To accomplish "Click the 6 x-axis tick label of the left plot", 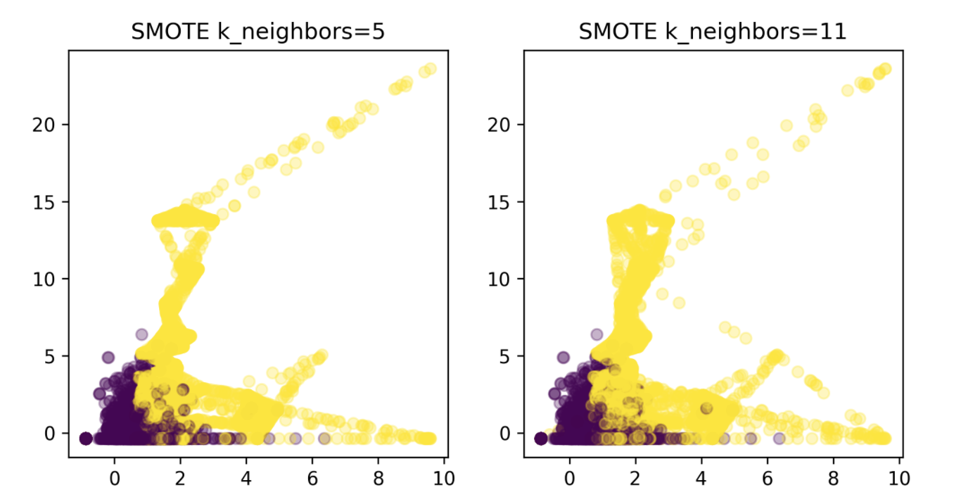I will pyautogui.click(x=312, y=479).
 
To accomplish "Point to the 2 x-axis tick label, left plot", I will pyautogui.click(x=181, y=479).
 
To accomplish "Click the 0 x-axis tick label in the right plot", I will pyautogui.click(x=570, y=479).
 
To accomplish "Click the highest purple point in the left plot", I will pyautogui.click(x=142, y=334).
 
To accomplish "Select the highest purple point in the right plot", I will pyautogui.click(x=597, y=334).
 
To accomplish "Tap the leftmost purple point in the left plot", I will pyautogui.click(x=85, y=439).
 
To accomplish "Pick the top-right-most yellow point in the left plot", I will pyautogui.click(x=430, y=69).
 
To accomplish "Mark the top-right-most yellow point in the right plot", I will pyautogui.click(x=884, y=69).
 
